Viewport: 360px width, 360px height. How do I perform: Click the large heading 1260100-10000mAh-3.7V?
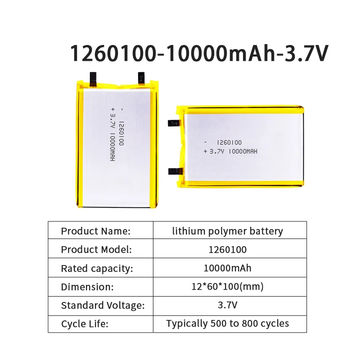(199, 54)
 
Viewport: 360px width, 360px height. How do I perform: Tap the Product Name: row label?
(95, 231)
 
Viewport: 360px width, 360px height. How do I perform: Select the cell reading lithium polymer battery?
(228, 231)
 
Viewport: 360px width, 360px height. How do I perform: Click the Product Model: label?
(96, 249)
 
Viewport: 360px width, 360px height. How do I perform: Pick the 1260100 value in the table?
(228, 249)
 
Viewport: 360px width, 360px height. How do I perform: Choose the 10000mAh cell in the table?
(228, 268)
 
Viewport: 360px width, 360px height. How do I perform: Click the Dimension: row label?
(87, 287)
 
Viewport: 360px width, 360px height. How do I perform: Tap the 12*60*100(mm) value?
(228, 287)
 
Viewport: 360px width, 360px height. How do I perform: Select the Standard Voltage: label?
(103, 306)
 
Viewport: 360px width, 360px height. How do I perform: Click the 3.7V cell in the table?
(228, 306)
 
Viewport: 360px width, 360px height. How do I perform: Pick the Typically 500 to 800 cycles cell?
(228, 324)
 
